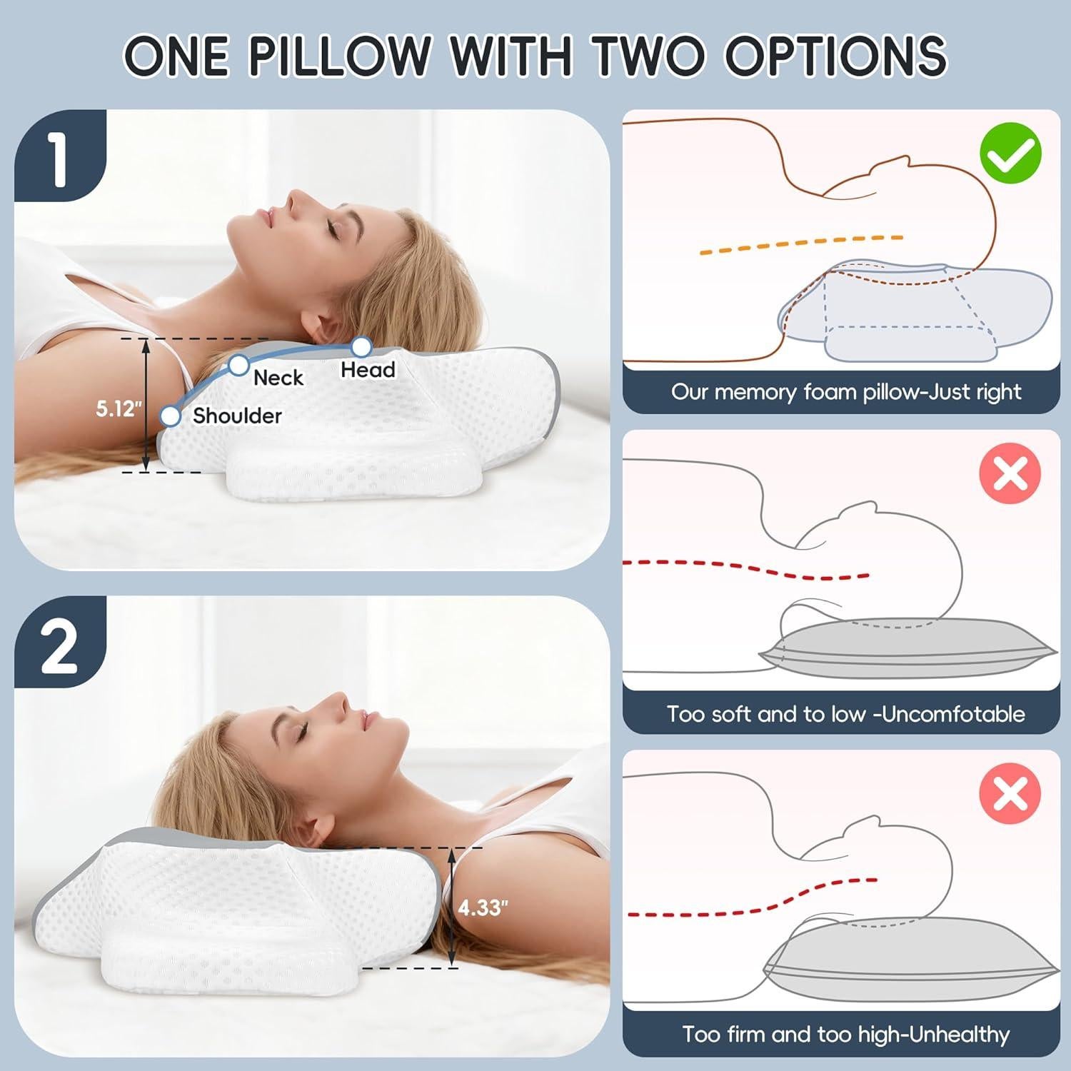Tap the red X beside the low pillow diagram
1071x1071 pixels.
pos(1010,473)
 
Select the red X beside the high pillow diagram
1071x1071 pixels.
pos(1010,793)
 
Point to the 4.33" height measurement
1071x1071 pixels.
pos(483,907)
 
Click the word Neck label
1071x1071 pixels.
pos(278,378)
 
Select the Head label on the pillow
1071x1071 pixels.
pos(368,370)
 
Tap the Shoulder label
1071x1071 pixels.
pos(237,416)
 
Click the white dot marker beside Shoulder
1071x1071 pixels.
pos(171,416)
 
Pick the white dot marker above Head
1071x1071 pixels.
pos(362,347)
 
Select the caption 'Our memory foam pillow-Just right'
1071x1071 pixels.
pos(845,392)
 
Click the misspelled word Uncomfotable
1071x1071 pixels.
pos(954,714)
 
